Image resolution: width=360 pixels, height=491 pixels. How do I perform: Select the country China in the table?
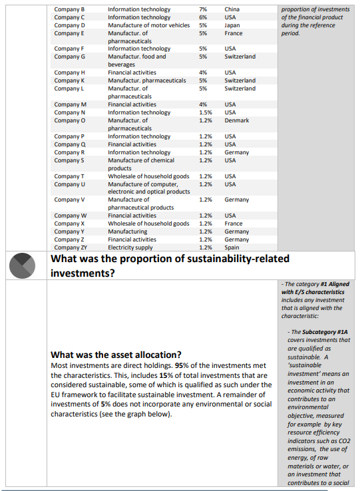[232, 9]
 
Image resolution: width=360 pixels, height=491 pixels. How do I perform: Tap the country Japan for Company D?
[232, 25]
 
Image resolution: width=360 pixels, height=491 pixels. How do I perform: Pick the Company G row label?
[69, 57]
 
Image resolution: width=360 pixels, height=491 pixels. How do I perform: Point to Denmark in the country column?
[238, 120]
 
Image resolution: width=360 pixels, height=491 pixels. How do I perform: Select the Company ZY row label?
[71, 247]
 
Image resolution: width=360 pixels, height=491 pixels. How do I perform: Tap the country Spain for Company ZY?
[232, 247]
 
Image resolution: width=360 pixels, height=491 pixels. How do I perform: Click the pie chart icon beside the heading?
[25, 265]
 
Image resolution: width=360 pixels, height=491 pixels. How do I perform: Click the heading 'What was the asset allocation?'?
[116, 354]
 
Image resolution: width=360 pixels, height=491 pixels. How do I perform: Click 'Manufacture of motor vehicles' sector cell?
[148, 25]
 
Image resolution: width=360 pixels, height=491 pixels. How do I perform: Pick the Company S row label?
[69, 160]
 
